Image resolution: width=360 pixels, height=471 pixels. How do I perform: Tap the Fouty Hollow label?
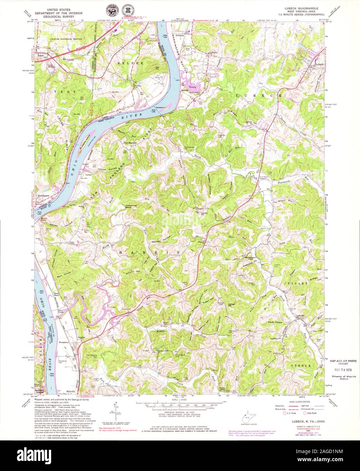pyautogui.click(x=275, y=322)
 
